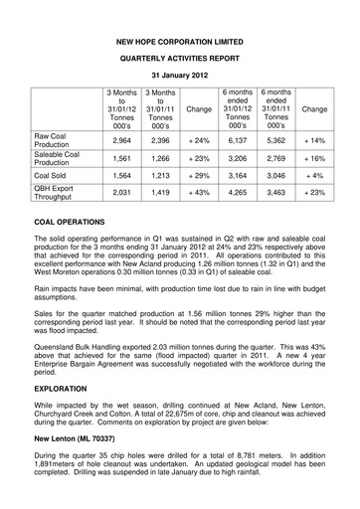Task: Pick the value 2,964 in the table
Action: [x=122, y=142]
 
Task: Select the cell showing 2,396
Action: [x=161, y=142]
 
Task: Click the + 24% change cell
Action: [x=200, y=142]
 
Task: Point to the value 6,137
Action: [x=239, y=142]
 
